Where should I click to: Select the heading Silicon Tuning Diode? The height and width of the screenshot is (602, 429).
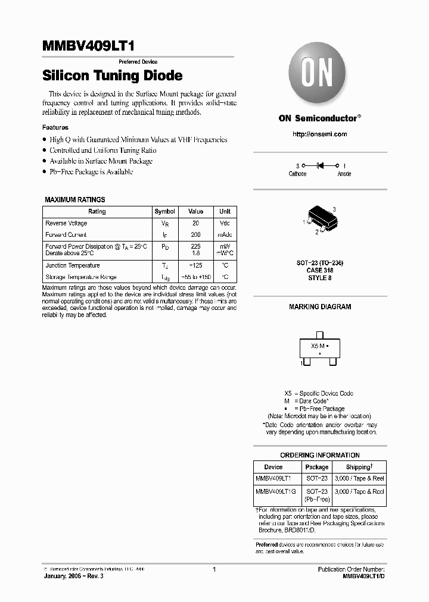tap(113, 76)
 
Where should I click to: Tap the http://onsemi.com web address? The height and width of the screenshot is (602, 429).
tap(319, 134)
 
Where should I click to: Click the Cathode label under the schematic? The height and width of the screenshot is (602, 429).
tap(297, 174)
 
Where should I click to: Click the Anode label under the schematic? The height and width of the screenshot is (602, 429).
tap(344, 174)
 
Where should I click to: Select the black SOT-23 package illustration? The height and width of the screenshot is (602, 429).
tap(321, 221)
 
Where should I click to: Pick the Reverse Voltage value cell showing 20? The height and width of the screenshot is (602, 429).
tap(195, 223)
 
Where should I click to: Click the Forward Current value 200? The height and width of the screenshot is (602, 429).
tap(195, 234)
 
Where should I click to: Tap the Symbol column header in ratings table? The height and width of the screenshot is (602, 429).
tap(164, 211)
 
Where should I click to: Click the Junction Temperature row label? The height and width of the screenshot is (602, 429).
tap(73, 265)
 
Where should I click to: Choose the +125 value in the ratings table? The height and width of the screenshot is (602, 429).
tap(195, 265)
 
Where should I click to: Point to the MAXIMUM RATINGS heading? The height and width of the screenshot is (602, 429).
tap(75, 200)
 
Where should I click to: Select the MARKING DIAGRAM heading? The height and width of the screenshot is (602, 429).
tap(320, 307)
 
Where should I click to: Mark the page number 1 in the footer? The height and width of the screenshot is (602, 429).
tap(214, 569)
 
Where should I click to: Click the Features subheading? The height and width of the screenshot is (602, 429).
tap(55, 127)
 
